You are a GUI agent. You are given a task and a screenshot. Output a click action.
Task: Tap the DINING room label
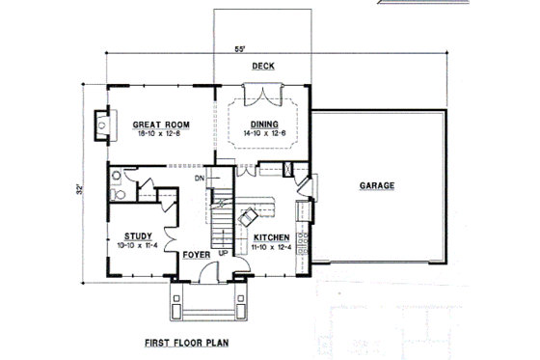264,125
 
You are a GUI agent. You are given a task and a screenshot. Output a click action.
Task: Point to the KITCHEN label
272,237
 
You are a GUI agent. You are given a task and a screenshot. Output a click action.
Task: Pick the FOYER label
200,256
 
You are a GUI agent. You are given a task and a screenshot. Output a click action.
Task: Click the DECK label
263,67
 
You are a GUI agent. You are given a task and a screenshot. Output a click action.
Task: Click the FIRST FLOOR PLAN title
186,342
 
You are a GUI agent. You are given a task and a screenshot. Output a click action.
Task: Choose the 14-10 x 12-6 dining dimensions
264,134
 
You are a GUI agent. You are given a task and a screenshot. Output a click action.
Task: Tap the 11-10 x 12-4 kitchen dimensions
273,247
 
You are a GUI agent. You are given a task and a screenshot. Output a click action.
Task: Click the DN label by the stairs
199,180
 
